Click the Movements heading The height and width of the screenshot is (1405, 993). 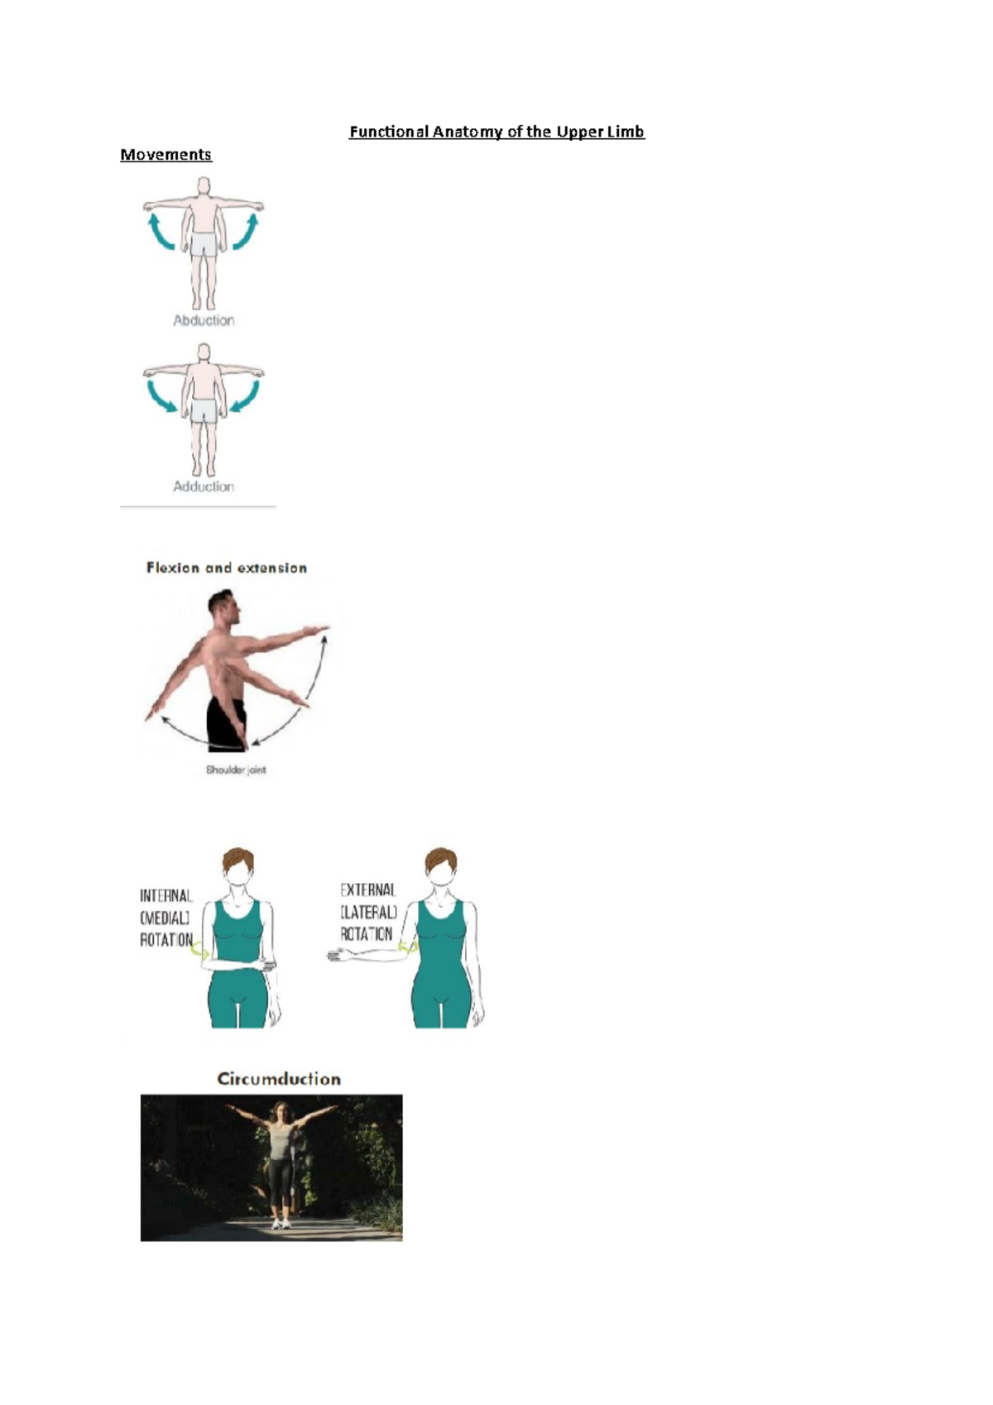[x=165, y=155]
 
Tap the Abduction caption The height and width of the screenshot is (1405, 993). [x=204, y=320]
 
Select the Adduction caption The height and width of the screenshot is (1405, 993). [x=204, y=487]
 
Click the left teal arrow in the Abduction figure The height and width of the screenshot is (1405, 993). [x=159, y=232]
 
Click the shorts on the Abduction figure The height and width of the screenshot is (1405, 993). [x=204, y=243]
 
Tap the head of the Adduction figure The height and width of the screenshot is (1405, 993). [x=204, y=354]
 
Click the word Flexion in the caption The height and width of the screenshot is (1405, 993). [x=173, y=568]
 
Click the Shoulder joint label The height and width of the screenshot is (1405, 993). [x=236, y=770]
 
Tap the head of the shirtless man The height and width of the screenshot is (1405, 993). [x=223, y=608]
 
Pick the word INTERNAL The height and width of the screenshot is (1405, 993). [x=165, y=895]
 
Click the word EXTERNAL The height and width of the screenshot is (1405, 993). [x=368, y=890]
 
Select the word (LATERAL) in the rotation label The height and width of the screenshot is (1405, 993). [x=368, y=912]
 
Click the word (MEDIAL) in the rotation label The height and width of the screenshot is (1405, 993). [x=165, y=918]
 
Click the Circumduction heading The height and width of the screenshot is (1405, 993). [x=279, y=1079]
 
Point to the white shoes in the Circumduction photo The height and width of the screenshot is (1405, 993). [x=281, y=1223]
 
